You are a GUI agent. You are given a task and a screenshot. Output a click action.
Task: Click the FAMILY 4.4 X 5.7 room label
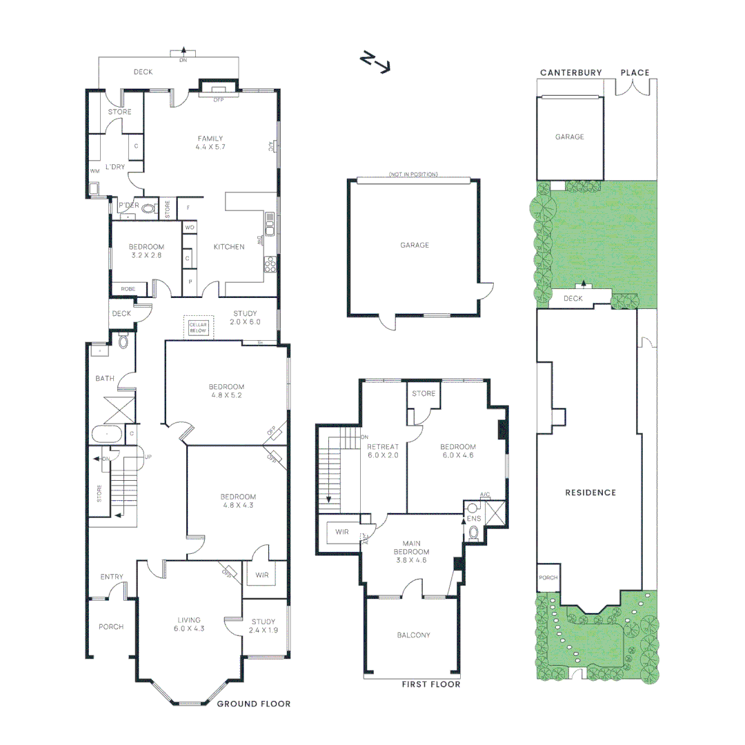[x=210, y=143]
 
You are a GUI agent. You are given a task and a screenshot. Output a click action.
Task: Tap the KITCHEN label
[x=228, y=247]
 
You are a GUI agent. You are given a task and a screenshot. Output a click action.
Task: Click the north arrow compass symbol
[x=375, y=62]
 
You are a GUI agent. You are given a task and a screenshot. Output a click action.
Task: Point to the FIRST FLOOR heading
[x=430, y=684]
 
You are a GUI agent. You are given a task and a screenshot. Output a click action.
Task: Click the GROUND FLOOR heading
[x=253, y=704]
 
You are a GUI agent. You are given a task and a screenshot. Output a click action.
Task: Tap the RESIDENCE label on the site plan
[x=590, y=493]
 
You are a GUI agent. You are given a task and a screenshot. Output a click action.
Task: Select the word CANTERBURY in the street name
[x=570, y=72]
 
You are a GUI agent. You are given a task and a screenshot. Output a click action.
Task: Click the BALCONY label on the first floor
[x=413, y=635]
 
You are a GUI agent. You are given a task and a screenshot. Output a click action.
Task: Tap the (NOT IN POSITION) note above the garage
[x=413, y=175]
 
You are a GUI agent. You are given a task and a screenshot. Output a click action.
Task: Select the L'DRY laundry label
[x=115, y=167]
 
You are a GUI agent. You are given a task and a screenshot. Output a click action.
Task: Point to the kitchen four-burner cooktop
[x=270, y=264]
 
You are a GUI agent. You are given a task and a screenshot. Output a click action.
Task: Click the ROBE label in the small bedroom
[x=128, y=288]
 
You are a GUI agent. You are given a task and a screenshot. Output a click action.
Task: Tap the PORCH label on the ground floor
[x=111, y=627]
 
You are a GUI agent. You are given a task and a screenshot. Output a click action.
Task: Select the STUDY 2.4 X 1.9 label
[x=263, y=626]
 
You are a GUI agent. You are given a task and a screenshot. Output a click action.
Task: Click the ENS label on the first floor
[x=473, y=517]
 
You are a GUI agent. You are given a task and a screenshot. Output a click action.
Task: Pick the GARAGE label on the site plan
[x=569, y=137]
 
